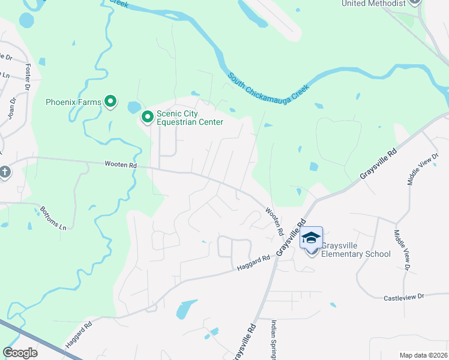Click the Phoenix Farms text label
click(x=73, y=102)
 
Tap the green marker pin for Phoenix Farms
click(x=110, y=101)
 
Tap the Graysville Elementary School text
click(x=355, y=250)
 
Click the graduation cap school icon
click(x=312, y=238)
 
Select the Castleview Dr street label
click(x=403, y=297)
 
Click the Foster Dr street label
click(x=27, y=77)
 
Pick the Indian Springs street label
click(x=273, y=339)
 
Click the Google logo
click(x=20, y=353)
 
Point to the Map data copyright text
click(x=423, y=355)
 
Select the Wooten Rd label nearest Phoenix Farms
click(x=121, y=164)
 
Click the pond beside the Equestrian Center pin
click(x=133, y=108)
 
